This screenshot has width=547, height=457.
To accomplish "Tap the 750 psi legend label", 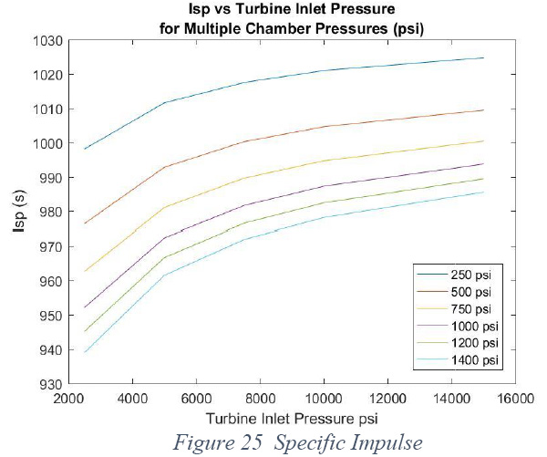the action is (x=470, y=309).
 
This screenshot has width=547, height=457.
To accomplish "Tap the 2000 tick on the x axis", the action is (x=68, y=399).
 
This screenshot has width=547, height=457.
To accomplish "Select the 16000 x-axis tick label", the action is (x=515, y=399).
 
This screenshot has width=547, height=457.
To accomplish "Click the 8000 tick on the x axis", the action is (x=260, y=399).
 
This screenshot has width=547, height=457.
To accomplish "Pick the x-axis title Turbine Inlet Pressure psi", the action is (x=292, y=419).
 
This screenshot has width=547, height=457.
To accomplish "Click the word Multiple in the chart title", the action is (x=212, y=28).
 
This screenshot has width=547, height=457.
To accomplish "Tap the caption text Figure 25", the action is (x=217, y=442).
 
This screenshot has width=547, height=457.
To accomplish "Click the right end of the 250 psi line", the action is (x=483, y=57).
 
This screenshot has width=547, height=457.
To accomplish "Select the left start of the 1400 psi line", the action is (x=85, y=352).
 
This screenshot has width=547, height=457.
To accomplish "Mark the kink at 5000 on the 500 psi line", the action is (x=165, y=167).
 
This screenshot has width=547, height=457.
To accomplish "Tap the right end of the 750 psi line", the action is (x=483, y=141).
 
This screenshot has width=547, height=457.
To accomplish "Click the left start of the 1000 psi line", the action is (x=85, y=307).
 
